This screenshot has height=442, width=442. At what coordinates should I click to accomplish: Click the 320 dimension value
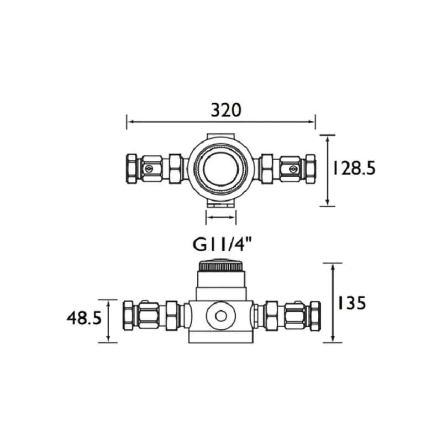(x=226, y=110)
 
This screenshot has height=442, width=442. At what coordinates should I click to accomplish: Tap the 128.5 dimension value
(x=354, y=169)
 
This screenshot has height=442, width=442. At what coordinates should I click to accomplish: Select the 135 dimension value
(x=351, y=303)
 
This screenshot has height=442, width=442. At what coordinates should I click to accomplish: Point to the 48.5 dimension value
(x=84, y=319)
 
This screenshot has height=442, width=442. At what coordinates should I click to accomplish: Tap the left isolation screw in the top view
(x=148, y=169)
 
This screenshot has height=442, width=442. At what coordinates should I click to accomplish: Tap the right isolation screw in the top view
(x=293, y=169)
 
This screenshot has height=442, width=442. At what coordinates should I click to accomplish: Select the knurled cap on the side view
(x=220, y=265)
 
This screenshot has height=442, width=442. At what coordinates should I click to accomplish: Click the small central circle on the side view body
(x=220, y=316)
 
